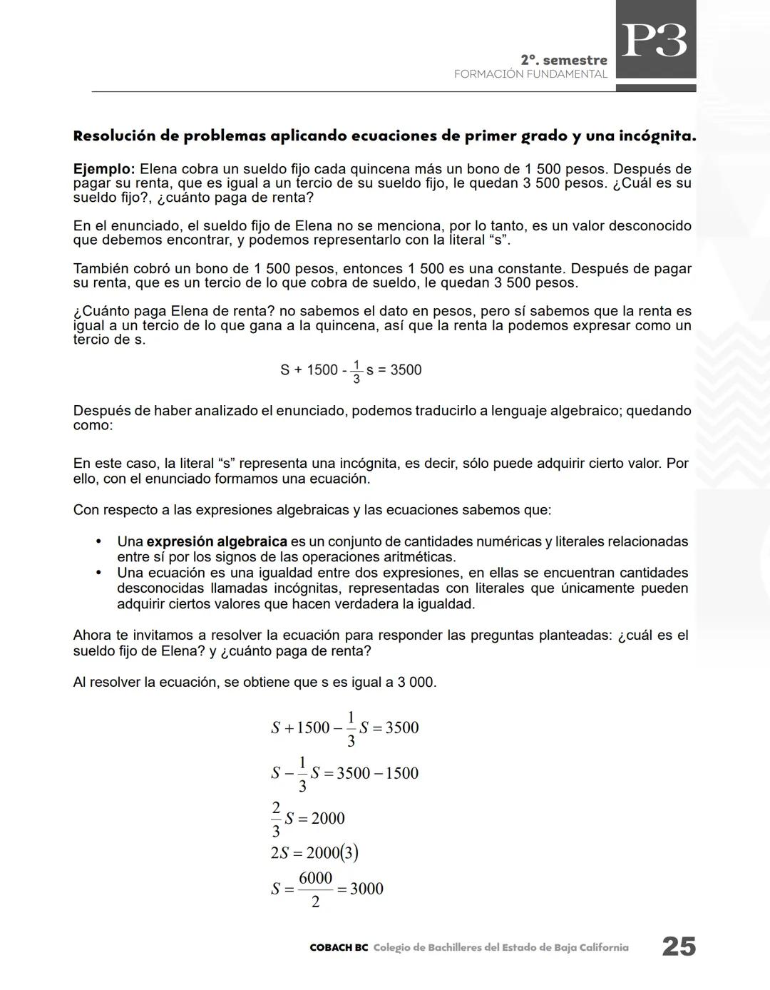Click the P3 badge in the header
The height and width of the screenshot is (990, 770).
click(654, 41)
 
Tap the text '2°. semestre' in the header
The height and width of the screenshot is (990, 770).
click(564, 61)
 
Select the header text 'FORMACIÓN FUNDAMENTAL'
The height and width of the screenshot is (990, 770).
click(530, 74)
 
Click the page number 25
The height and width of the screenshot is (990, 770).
click(678, 946)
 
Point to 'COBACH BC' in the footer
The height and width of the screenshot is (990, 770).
click(339, 948)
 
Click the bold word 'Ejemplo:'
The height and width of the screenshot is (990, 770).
click(103, 170)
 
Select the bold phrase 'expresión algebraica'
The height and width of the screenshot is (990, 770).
click(217, 541)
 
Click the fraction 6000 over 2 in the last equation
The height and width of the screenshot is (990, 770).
click(315, 889)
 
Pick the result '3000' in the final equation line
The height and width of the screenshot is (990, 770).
click(366, 889)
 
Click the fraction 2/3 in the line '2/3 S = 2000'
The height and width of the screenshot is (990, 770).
click(276, 819)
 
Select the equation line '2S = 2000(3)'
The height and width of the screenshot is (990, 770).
click(314, 853)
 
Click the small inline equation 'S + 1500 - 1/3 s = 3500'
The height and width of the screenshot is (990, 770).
click(351, 370)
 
